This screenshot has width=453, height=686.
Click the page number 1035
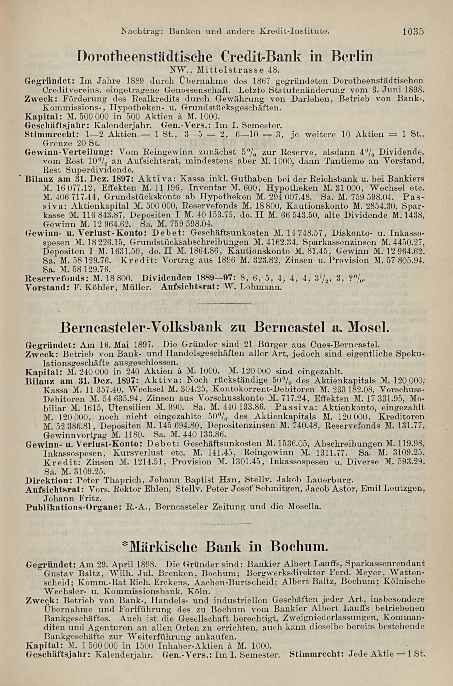413,31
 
